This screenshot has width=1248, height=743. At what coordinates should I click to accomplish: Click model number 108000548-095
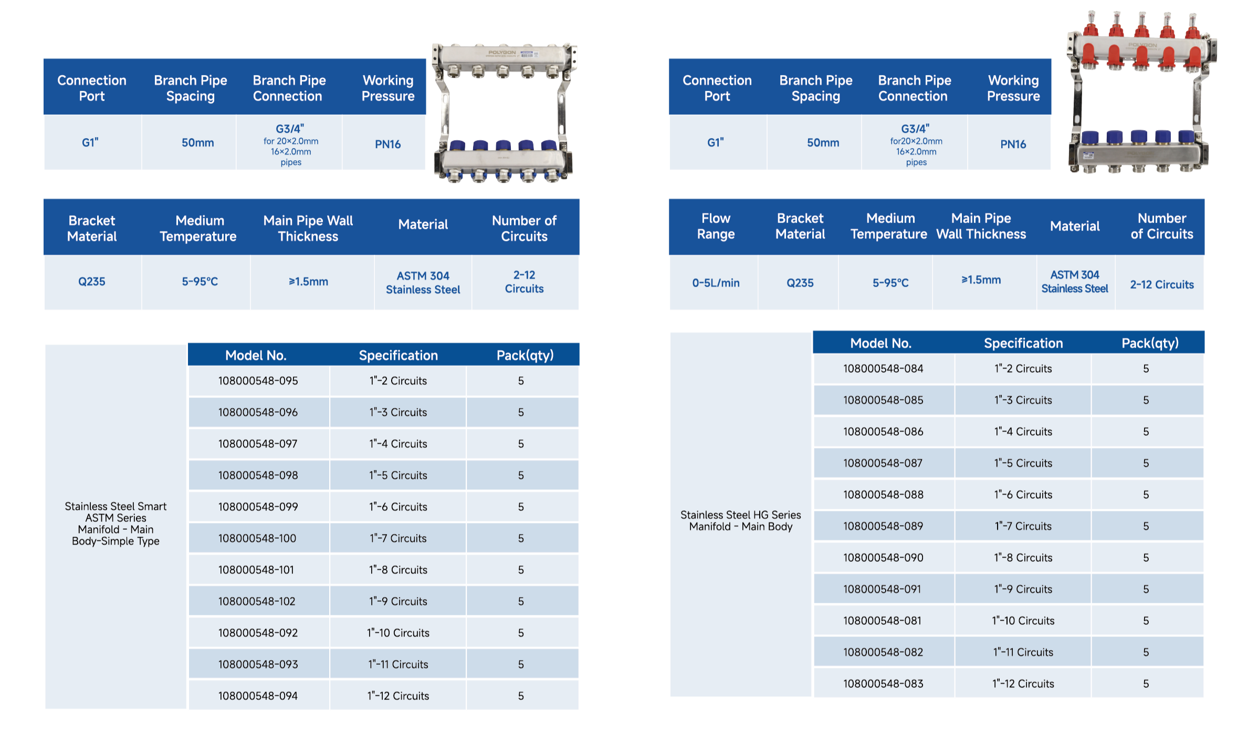tap(258, 381)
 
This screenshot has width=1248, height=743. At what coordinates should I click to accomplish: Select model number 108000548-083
tap(883, 684)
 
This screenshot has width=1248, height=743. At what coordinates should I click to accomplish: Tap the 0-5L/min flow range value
tap(716, 283)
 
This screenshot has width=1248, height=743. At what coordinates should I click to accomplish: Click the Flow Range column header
tap(716, 226)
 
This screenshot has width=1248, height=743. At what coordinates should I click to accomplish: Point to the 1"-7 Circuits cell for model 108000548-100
tap(398, 538)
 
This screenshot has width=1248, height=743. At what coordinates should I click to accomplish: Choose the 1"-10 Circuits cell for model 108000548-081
tap(1023, 621)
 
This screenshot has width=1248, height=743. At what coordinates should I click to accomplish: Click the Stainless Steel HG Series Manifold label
tap(740, 521)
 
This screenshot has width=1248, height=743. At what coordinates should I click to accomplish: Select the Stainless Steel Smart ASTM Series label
tap(116, 524)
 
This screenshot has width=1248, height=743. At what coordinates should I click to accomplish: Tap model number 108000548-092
tap(258, 633)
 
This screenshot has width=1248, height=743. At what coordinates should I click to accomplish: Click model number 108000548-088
tap(883, 495)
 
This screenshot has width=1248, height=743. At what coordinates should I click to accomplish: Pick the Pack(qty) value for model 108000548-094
tap(521, 696)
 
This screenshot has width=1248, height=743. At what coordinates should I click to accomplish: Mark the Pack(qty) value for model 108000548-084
tap(1146, 369)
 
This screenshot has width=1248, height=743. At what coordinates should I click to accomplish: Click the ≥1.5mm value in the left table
tap(308, 282)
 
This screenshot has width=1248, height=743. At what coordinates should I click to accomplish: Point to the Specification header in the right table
tap(1023, 343)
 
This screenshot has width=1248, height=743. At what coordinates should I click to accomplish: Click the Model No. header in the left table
tap(256, 355)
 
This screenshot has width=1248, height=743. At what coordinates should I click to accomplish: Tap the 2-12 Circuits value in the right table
tap(1161, 285)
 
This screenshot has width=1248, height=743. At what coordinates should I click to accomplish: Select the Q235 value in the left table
tap(92, 282)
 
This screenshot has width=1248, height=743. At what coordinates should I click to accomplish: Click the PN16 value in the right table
tap(1013, 144)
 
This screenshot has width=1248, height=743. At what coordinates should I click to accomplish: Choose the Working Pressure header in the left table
tap(388, 88)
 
